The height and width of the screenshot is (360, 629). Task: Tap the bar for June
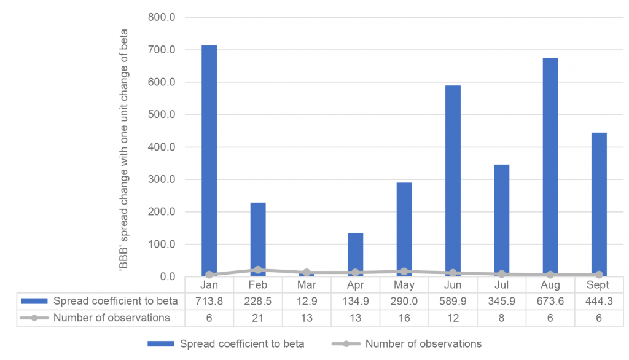click(453, 181)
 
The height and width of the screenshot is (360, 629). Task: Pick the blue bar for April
click(355, 254)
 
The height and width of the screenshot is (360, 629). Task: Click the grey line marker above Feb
click(258, 270)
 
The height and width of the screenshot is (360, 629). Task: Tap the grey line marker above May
click(404, 272)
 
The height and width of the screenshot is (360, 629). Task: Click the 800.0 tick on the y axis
click(162, 17)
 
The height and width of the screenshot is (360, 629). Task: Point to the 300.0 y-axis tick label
click(162, 179)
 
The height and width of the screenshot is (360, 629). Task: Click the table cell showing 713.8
click(209, 301)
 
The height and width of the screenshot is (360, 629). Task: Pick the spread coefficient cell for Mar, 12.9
click(307, 301)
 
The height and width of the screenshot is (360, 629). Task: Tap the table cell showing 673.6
click(550, 301)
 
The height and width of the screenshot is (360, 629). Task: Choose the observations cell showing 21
click(258, 318)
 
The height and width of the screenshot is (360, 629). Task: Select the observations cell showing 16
click(404, 318)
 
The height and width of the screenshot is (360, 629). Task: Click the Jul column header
click(502, 285)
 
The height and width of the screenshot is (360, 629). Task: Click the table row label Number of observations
click(111, 318)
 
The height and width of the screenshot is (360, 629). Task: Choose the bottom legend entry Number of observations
click(423, 344)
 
